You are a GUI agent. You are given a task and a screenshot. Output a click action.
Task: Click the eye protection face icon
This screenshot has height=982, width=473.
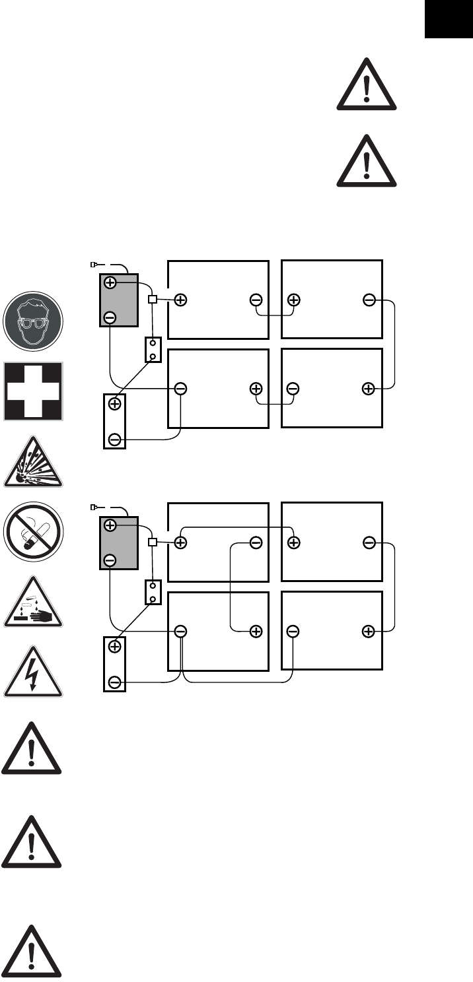coord(34,321)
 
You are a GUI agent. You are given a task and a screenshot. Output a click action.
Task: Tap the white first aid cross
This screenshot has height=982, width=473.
coord(34,391)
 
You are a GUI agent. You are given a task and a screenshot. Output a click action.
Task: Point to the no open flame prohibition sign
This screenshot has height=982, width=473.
coord(34,532)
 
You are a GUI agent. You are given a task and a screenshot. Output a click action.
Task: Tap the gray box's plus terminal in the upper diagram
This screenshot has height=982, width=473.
coord(110,282)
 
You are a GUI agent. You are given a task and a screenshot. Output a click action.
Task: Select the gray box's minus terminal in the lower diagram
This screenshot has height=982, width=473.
coord(110,560)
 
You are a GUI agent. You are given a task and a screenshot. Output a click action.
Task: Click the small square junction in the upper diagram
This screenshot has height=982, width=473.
coord(153,300)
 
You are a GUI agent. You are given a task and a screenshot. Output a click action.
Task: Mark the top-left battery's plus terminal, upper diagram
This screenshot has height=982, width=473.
coord(180,300)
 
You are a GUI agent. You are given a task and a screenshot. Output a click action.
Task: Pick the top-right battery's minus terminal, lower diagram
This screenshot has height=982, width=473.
coord(369,542)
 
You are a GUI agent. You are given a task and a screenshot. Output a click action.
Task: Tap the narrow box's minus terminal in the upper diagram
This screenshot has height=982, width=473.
coord(115,439)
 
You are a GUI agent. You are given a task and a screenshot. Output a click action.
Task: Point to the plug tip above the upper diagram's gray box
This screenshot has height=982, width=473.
coord(93,265)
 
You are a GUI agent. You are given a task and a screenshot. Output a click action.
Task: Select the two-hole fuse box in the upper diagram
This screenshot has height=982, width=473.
coord(153,350)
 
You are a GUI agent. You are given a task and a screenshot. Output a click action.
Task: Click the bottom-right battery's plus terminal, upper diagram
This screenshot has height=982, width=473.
coord(369,389)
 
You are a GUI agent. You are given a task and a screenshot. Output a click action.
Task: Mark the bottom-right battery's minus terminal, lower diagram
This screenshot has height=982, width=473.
coord(293,631)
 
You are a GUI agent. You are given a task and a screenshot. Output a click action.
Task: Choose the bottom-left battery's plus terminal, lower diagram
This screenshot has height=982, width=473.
coord(256,631)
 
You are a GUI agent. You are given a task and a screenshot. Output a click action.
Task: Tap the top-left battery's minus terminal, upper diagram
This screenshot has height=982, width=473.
coord(256,300)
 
